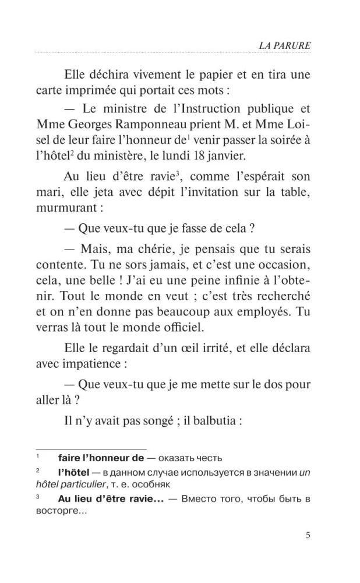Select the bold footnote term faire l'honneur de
coord(101,458)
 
